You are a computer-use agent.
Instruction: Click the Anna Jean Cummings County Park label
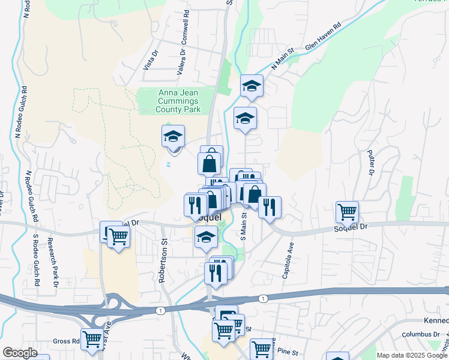178,101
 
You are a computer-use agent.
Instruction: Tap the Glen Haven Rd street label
323,37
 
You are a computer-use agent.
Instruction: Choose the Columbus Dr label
421,334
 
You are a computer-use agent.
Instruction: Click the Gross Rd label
66,341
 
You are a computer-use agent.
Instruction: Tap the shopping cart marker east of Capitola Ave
347,211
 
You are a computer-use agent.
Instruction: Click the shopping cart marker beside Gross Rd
92,339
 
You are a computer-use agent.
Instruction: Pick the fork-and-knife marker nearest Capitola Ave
270,206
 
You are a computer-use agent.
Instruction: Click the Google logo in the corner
20,353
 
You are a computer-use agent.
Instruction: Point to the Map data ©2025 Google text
411,355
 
